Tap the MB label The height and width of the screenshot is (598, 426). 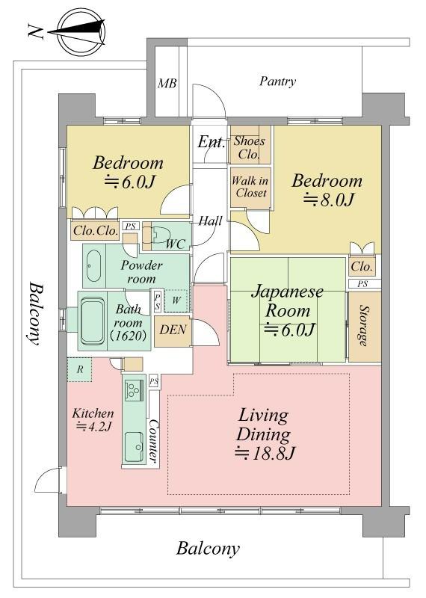click(x=167, y=83)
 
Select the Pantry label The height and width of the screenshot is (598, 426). click(x=277, y=81)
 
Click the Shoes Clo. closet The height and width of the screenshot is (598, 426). click(x=250, y=147)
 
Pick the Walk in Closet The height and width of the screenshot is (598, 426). click(x=250, y=188)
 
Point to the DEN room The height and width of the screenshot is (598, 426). click(x=173, y=330)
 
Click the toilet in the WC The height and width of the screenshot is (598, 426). click(x=160, y=236)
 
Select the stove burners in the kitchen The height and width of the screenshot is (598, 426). click(x=133, y=389)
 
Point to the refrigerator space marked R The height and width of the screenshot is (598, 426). click(x=80, y=369)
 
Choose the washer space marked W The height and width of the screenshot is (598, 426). click(x=176, y=300)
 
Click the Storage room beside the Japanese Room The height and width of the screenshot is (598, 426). click(x=365, y=326)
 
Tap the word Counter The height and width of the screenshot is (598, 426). click(x=153, y=440)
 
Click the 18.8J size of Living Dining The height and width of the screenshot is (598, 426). click(x=265, y=454)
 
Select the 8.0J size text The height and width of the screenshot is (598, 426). click(x=329, y=200)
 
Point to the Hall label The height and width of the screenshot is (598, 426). click(x=211, y=221)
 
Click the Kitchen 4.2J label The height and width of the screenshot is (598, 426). click(x=93, y=419)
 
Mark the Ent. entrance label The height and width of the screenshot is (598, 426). click(x=211, y=142)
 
